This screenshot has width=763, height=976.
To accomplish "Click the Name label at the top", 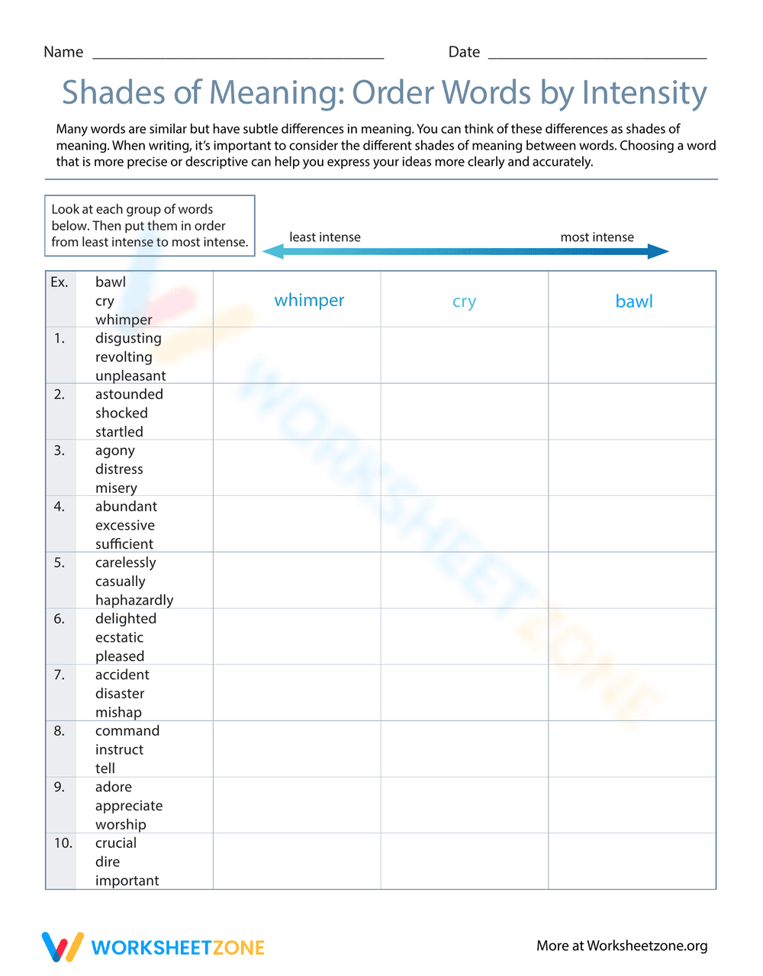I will tap(63, 52).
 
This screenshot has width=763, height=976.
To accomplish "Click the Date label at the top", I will tap(464, 52).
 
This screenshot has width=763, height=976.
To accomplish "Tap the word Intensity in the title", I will tap(645, 93).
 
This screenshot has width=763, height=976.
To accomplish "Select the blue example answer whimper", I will tap(309, 301).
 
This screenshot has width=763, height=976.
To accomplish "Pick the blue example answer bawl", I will tap(634, 301).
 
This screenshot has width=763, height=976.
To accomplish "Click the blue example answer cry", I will tap(464, 302).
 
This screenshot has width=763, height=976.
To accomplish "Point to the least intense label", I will tap(324, 237).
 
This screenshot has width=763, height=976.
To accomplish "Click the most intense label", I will tap(597, 237).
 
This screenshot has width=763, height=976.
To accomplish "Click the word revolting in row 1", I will tap(124, 357).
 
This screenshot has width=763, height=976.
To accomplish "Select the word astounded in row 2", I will tap(129, 395).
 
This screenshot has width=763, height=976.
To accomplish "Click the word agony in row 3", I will tap(114, 450).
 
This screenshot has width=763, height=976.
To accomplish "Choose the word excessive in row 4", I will tap(124, 525).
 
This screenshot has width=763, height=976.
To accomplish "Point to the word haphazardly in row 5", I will tap(134, 600).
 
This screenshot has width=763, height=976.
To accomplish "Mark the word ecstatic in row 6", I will tap(119, 637).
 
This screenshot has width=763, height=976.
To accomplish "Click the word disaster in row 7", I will tap(120, 694).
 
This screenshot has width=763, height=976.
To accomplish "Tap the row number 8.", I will tap(60, 731).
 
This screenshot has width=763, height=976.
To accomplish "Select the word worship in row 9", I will tap(121, 825).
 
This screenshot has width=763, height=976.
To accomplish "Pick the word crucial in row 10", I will tap(116, 843).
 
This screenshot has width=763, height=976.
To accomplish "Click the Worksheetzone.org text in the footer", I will tap(647, 946).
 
